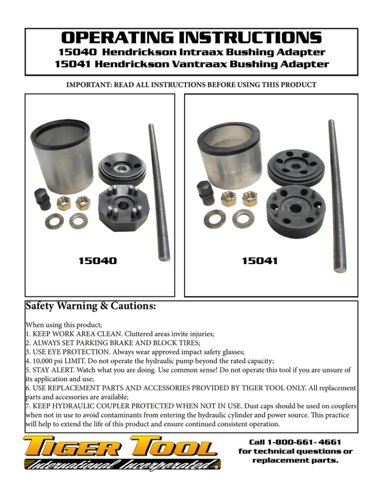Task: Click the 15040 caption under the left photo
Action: (x=98, y=260)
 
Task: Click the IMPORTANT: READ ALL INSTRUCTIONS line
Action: (x=191, y=85)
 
